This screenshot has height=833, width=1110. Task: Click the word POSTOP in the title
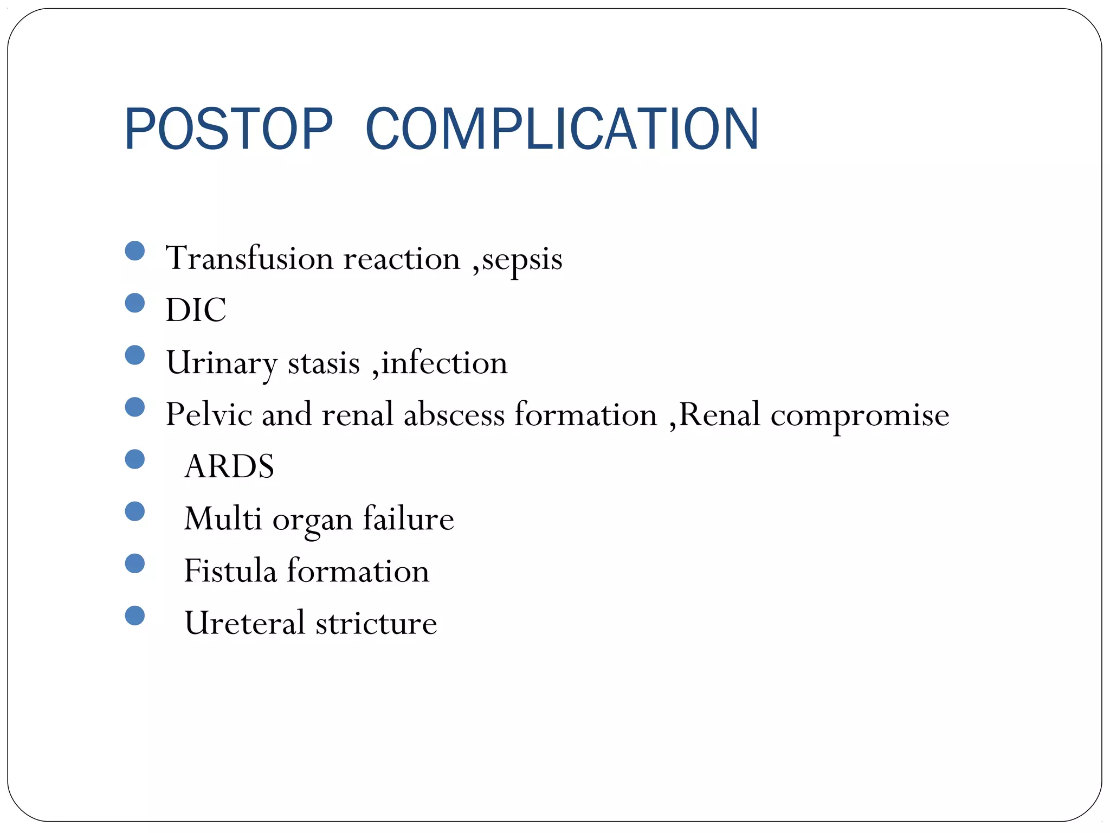click(x=228, y=129)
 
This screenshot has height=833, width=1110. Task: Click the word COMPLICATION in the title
click(x=562, y=129)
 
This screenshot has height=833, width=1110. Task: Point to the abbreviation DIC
click(x=196, y=310)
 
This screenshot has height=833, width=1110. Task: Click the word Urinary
click(x=221, y=363)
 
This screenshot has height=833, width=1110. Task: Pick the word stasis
click(x=324, y=363)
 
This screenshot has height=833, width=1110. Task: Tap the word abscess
click(x=454, y=415)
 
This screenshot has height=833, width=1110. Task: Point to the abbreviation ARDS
click(x=229, y=466)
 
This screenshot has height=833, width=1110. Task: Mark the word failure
click(x=408, y=518)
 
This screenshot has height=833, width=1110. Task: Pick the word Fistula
click(x=230, y=571)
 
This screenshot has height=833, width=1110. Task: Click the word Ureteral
click(x=244, y=623)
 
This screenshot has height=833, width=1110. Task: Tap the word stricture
click(x=376, y=623)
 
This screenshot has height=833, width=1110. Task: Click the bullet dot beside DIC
click(x=134, y=303)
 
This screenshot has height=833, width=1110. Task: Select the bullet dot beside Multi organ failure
click(x=134, y=511)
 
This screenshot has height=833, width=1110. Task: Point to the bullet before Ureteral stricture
click(x=134, y=616)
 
